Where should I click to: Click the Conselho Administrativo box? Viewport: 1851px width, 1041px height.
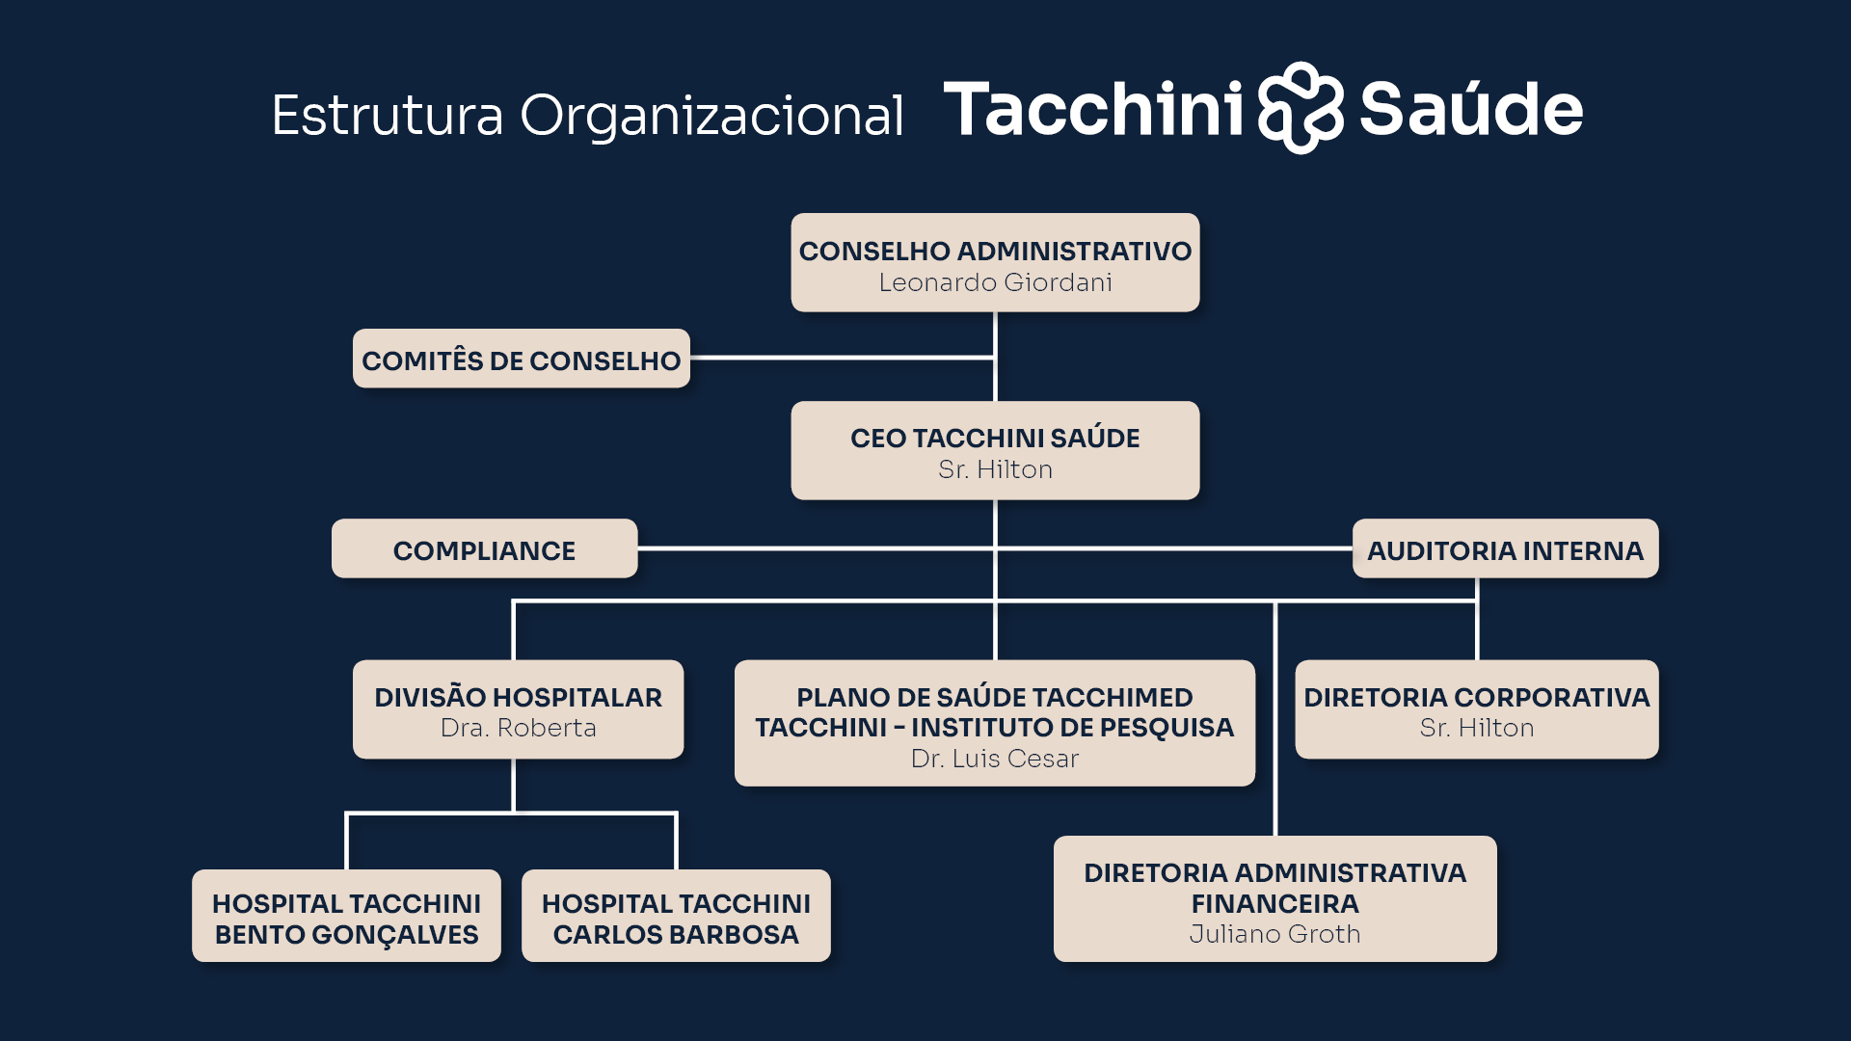(995, 262)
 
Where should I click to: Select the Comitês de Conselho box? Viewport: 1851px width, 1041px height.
(522, 359)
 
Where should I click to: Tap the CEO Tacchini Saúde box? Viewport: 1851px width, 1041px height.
(995, 450)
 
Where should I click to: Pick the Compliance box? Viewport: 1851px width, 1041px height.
(485, 548)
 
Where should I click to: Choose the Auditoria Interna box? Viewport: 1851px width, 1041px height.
(1506, 548)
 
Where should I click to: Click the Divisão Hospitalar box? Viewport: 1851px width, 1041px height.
(519, 709)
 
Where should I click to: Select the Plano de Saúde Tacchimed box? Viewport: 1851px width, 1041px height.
(995, 723)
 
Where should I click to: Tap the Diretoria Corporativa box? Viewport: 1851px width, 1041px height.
(1477, 709)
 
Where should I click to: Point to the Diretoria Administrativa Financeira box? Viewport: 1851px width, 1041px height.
(1275, 898)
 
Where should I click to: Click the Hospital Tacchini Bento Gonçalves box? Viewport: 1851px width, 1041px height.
(347, 916)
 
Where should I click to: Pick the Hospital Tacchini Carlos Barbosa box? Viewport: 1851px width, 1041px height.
(676, 916)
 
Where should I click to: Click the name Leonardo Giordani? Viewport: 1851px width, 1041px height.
(995, 282)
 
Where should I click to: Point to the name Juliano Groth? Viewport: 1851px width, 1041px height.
(1275, 934)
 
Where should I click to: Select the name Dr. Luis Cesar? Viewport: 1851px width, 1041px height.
(995, 759)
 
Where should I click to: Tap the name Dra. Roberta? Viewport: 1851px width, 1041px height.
(519, 728)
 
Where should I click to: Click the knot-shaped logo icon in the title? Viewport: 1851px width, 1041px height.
(1301, 108)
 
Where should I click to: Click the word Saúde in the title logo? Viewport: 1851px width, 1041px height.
(1471, 108)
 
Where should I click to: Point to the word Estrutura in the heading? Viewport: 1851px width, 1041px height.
(388, 116)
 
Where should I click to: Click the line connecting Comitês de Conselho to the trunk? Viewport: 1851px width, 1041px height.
(843, 358)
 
